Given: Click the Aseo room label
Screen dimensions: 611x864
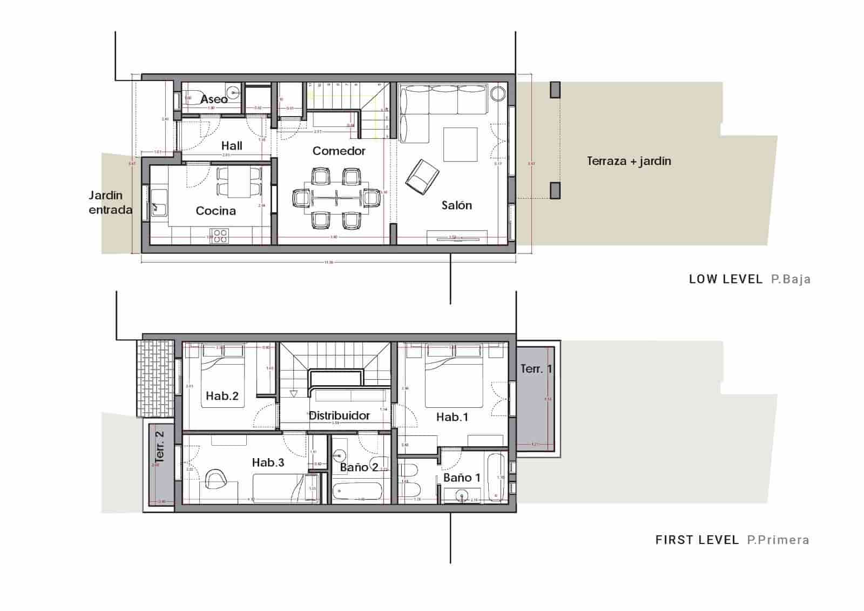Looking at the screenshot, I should (x=214, y=99).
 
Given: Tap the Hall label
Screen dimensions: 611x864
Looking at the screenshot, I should (x=232, y=145).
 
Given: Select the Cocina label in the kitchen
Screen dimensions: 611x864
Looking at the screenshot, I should (x=215, y=211).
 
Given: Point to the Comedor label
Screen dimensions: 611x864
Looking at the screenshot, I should (x=339, y=151).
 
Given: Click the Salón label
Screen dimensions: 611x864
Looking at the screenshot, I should (x=456, y=205).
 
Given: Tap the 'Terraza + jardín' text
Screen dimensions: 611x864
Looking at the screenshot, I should (x=629, y=161).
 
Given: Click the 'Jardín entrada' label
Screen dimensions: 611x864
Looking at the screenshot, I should (x=110, y=203).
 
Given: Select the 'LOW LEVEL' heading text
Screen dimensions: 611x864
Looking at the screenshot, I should (x=725, y=279).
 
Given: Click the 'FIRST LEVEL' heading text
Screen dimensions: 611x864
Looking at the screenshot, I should (x=697, y=540).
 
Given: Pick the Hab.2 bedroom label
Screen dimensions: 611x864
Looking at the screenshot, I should (x=222, y=396).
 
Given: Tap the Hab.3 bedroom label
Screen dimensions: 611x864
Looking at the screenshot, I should (x=268, y=462).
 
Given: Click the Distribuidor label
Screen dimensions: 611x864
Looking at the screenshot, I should (x=339, y=415).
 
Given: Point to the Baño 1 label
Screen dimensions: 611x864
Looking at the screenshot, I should (x=462, y=478).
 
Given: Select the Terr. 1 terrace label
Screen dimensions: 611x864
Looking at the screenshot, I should (x=536, y=369).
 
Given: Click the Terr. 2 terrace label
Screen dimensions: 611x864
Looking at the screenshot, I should (x=160, y=446).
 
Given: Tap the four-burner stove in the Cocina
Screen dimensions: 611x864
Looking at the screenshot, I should (x=219, y=236).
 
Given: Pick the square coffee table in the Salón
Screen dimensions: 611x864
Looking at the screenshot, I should (x=460, y=144).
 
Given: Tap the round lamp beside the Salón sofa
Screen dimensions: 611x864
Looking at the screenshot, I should (x=497, y=93).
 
